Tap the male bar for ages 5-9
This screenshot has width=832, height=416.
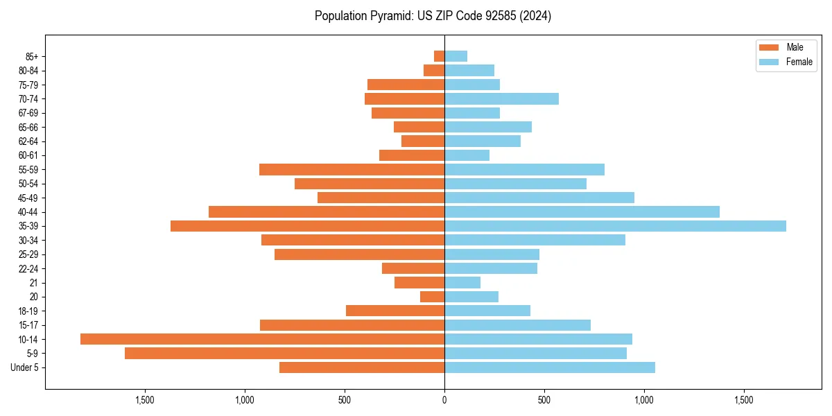point(284,353)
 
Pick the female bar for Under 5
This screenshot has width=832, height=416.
point(550,367)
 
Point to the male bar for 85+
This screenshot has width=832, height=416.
point(439,56)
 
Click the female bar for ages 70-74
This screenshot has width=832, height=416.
point(501,98)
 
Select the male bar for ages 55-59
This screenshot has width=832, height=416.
point(352,169)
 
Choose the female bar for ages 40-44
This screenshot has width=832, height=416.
point(582,211)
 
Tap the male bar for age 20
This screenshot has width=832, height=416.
point(432,297)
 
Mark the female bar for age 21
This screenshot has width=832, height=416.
point(462,282)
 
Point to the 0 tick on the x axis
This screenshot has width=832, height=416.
point(444,400)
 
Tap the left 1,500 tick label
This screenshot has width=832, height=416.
point(144,400)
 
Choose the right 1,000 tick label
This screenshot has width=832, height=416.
point(644,400)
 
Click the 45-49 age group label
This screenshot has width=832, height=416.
point(28,198)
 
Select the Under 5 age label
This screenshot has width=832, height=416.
point(25,367)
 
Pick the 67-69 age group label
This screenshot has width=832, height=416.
point(28,113)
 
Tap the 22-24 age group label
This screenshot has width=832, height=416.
point(28,268)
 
